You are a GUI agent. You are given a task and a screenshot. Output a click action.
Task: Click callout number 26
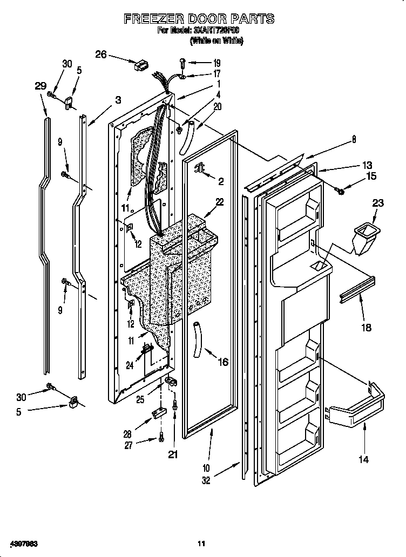[x=101, y=54]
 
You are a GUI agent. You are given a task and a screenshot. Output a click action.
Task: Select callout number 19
[x=216, y=63]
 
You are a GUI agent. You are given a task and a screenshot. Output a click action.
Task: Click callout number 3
[x=118, y=99]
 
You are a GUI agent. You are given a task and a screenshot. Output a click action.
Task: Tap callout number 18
[x=366, y=327]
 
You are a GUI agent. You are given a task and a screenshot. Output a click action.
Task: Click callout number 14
[x=364, y=459]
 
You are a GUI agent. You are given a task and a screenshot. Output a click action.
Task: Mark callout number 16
[x=222, y=362]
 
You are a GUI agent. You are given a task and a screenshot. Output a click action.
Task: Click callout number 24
[x=130, y=365]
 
